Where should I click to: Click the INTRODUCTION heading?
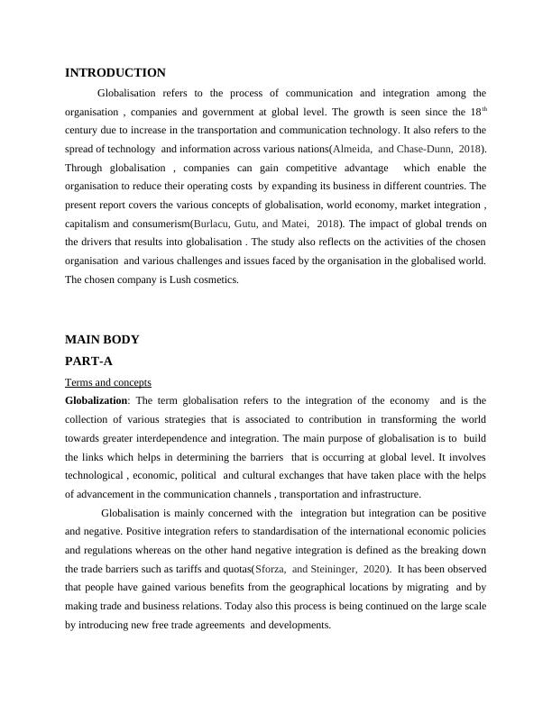click(115, 73)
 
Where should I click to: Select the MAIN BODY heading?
click(102, 340)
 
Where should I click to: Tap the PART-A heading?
click(89, 361)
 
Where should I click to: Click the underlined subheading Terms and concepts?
click(108, 381)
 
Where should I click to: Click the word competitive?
click(307, 168)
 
